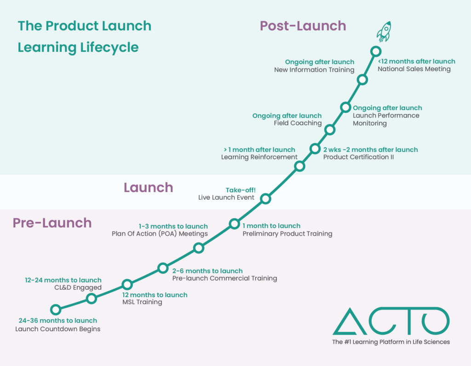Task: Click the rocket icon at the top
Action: tap(384, 31)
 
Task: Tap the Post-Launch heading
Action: tap(303, 26)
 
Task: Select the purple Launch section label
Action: tap(148, 187)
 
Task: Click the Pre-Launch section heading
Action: tap(52, 223)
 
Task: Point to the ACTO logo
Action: tap(391, 321)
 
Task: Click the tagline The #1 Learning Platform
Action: tap(391, 342)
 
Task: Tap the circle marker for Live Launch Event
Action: tap(265, 199)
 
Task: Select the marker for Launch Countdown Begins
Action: tap(56, 310)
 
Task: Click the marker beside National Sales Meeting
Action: tap(376, 51)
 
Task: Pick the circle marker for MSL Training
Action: tap(127, 284)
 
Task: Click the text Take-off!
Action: tap(240, 190)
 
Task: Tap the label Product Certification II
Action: tap(358, 158)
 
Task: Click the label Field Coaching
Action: tap(298, 124)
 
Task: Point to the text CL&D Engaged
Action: tap(78, 288)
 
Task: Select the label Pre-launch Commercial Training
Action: tap(224, 278)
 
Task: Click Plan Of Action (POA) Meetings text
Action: tap(160, 234)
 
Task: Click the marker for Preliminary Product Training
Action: tap(234, 224)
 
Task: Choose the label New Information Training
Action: tap(314, 70)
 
